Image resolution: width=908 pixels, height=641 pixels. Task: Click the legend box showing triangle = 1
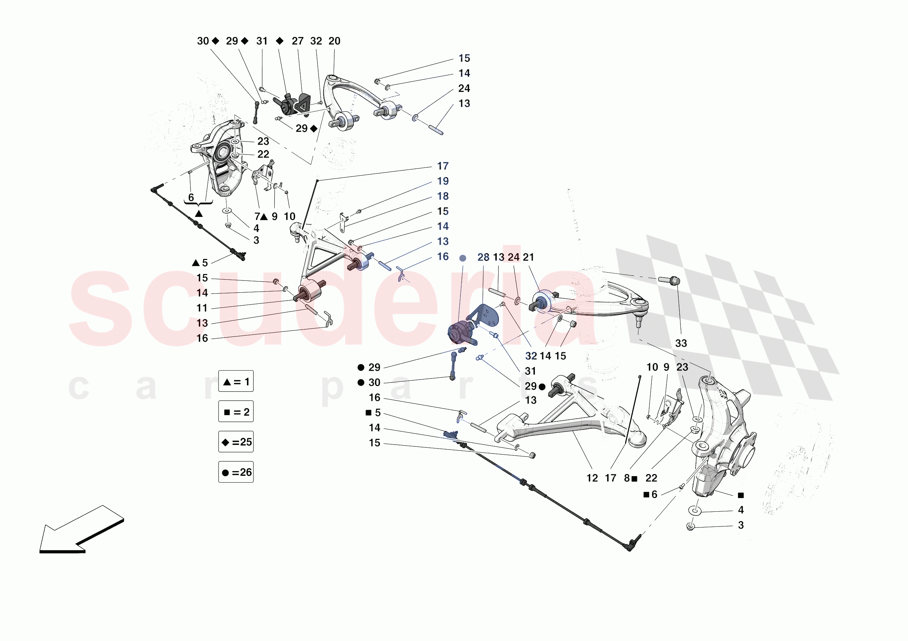click(x=236, y=381)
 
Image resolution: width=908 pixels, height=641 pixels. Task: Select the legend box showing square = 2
click(x=236, y=412)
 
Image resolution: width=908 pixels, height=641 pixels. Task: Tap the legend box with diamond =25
click(x=236, y=441)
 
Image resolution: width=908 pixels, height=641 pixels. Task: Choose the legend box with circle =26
click(x=236, y=472)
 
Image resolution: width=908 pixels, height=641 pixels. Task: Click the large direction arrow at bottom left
click(x=81, y=530)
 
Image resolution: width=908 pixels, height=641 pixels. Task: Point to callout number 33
click(x=680, y=343)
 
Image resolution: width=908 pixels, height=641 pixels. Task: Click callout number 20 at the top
click(x=334, y=41)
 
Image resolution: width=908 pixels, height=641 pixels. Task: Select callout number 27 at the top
click(x=297, y=41)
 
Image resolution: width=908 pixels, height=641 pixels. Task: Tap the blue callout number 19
click(x=442, y=181)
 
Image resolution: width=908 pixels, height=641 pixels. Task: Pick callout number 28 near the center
click(x=483, y=257)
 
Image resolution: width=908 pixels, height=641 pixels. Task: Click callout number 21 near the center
click(x=528, y=257)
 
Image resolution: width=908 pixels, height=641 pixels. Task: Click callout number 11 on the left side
click(x=202, y=308)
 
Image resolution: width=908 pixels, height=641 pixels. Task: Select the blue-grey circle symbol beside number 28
click(x=463, y=258)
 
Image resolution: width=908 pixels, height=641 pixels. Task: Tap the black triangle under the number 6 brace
click(x=199, y=214)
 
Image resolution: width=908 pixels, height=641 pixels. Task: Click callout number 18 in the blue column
click(x=442, y=196)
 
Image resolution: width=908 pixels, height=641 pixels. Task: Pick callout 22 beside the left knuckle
click(x=263, y=154)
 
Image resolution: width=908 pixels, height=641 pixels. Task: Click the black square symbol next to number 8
click(x=634, y=479)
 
